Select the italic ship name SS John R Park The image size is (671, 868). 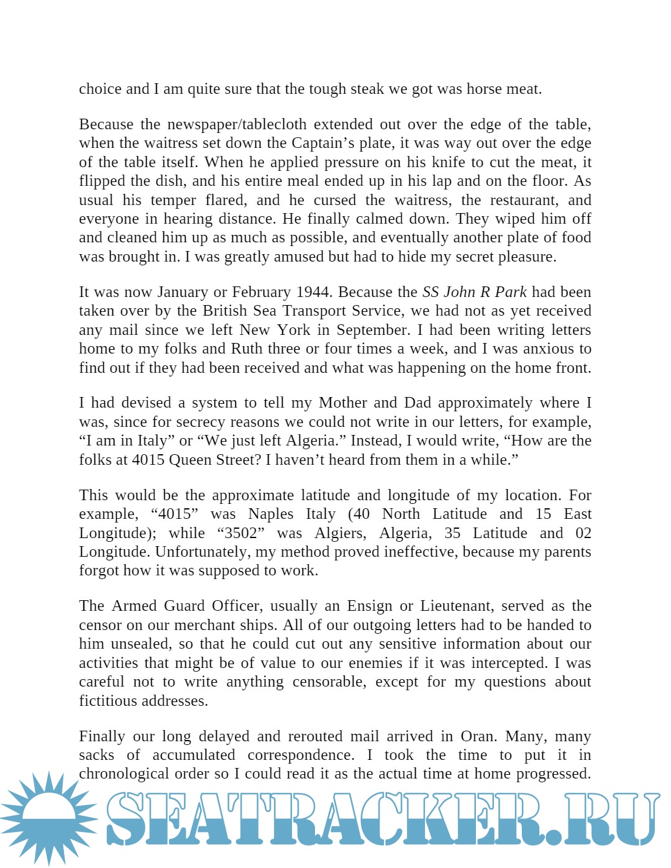(474, 292)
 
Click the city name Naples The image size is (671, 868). (271, 514)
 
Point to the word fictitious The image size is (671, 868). (109, 701)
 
